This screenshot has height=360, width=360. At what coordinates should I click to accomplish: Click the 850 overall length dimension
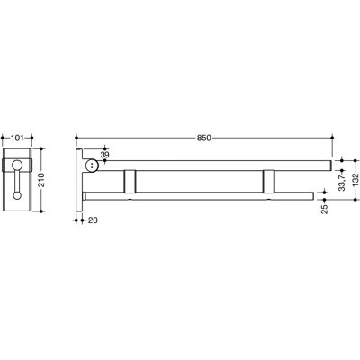coord(204,138)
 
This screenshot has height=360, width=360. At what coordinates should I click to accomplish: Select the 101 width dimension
coord(17,138)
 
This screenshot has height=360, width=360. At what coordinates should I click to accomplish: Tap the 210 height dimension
coord(41,180)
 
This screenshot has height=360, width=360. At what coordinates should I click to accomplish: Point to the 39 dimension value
coord(104,155)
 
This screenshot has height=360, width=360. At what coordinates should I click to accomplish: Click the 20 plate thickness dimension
coord(93,220)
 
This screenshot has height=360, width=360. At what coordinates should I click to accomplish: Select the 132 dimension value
coord(355,180)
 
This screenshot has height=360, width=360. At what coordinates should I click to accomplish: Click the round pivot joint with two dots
coord(92,166)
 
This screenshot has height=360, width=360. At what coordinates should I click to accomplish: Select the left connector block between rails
coord(130,181)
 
